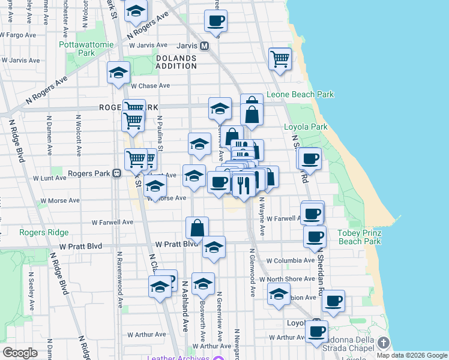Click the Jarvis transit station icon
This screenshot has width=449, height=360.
click(x=205, y=46)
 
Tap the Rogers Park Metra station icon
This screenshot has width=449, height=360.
click(x=117, y=173)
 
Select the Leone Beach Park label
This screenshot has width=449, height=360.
click(x=300, y=95)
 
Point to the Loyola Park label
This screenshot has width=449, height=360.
click(x=306, y=127)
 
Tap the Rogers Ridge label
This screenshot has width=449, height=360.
click(x=44, y=232)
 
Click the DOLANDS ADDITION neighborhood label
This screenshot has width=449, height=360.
click(x=176, y=62)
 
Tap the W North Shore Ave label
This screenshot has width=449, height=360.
click(x=292, y=279)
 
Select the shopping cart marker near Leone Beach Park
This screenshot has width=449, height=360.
click(x=280, y=59)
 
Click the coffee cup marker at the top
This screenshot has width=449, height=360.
click(x=215, y=22)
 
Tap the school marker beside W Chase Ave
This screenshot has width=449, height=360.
click(x=118, y=73)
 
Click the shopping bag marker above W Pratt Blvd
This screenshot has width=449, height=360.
click(x=197, y=228)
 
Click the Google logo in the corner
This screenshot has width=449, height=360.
click(x=20, y=353)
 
